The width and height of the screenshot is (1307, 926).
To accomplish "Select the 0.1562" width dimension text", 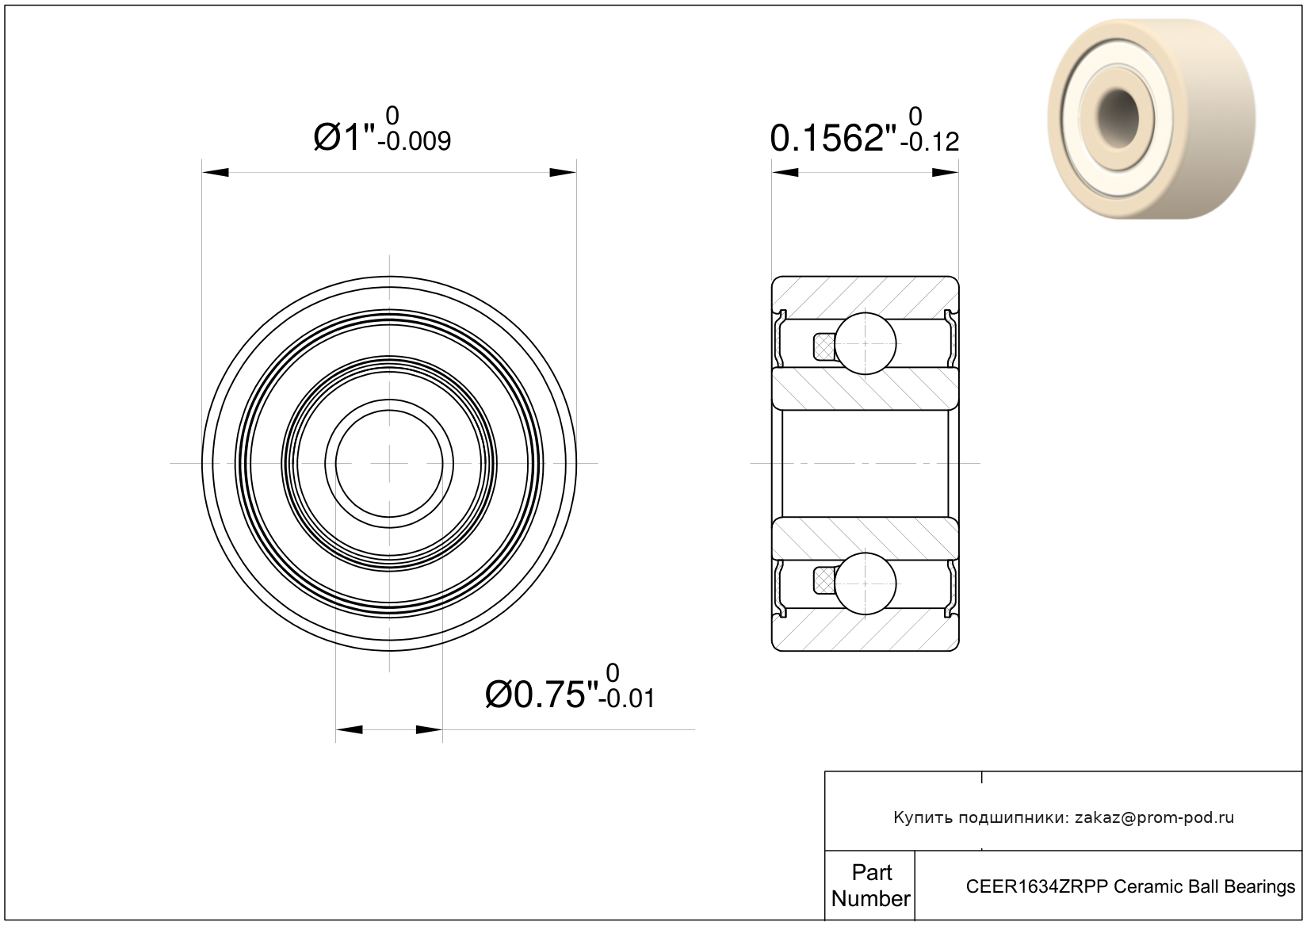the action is tap(833, 139).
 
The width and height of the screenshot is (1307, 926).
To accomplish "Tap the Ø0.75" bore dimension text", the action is tap(542, 694).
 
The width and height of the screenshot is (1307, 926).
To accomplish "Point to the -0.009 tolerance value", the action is tap(415, 142).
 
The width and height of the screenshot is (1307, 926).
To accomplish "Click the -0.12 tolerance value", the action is tap(930, 143).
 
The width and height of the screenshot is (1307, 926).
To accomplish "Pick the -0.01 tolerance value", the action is tap(627, 699).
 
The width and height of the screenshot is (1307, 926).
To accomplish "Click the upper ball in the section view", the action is tap(865, 343).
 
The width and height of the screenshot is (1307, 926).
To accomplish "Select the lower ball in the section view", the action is tap(865, 584).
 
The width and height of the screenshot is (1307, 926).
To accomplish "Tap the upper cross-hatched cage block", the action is tap(824, 346).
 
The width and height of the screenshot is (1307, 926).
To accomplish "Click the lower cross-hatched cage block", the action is tap(824, 581).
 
